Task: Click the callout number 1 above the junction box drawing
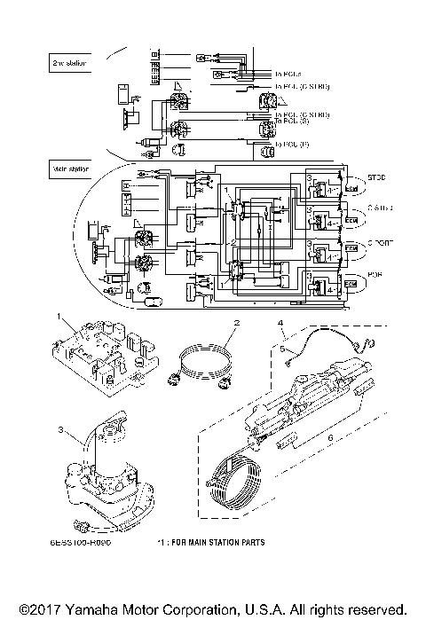[x=58, y=316]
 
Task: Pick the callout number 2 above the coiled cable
[x=237, y=323]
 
